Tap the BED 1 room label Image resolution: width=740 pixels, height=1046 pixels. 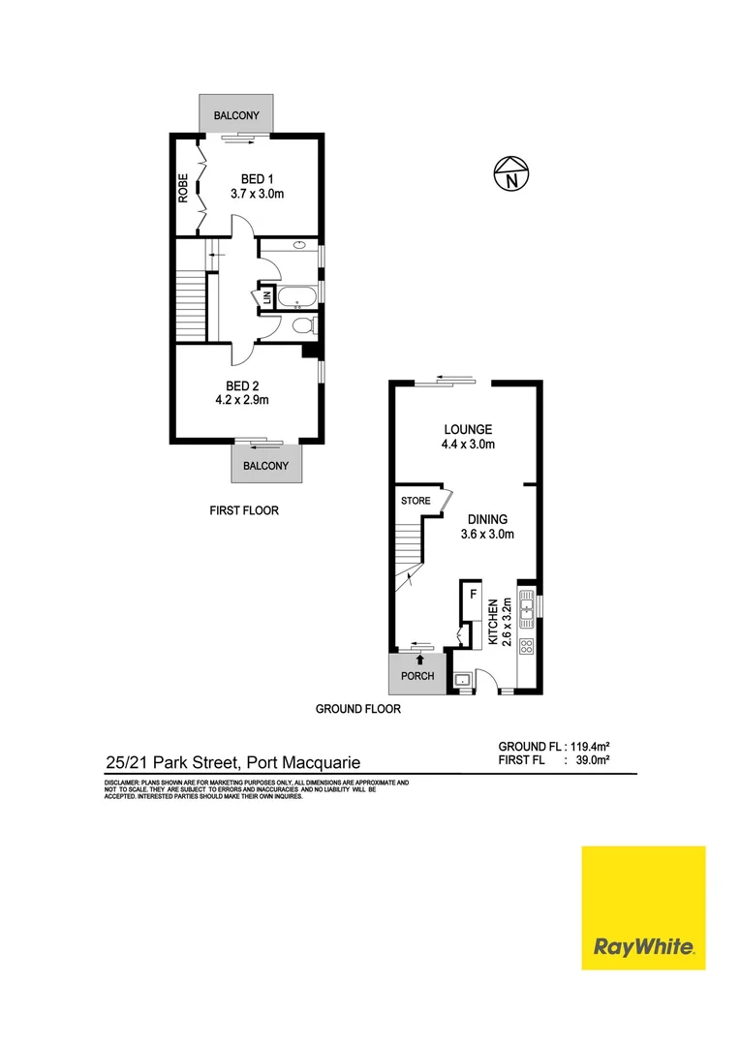pyautogui.click(x=257, y=178)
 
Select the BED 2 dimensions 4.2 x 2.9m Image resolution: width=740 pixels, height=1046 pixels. pyautogui.click(x=242, y=399)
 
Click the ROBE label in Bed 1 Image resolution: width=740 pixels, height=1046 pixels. pyautogui.click(x=182, y=187)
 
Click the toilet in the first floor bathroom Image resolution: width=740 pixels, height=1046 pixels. pyautogui.click(x=303, y=325)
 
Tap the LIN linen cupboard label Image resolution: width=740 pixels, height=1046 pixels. pyautogui.click(x=265, y=298)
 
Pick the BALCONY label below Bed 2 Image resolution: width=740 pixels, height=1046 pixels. pyautogui.click(x=265, y=466)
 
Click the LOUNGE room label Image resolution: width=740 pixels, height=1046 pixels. pyautogui.click(x=468, y=429)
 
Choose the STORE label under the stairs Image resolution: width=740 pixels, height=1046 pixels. pyautogui.click(x=416, y=501)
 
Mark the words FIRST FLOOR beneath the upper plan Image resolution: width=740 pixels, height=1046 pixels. pyautogui.click(x=244, y=510)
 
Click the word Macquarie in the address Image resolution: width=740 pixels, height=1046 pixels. pyautogui.click(x=319, y=763)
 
